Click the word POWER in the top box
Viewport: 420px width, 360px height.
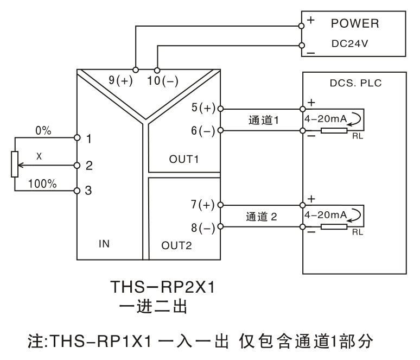[355, 23]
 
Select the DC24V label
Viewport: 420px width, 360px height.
[350, 43]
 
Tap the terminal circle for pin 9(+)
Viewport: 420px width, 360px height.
[136, 70]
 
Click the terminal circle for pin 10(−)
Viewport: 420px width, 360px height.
[157, 71]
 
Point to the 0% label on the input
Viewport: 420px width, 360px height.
[43, 130]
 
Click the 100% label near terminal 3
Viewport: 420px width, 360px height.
[42, 184]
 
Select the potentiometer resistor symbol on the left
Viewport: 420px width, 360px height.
[15, 164]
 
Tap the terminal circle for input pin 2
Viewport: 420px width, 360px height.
[77, 166]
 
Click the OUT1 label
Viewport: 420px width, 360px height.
[184, 159]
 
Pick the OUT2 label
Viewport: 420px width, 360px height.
[176, 245]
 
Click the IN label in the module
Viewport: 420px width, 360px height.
[104, 244]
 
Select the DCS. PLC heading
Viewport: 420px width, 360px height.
[356, 83]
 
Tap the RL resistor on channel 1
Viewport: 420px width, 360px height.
[334, 130]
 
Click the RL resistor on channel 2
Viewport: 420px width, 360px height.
[334, 227]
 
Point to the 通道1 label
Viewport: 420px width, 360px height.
[264, 120]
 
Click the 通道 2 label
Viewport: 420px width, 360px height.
[262, 217]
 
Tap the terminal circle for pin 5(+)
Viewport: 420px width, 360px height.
[220, 109]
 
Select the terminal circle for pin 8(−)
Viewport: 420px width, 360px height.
[220, 226]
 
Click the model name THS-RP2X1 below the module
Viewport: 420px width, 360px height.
[163, 287]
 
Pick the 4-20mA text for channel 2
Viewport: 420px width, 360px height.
[326, 215]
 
